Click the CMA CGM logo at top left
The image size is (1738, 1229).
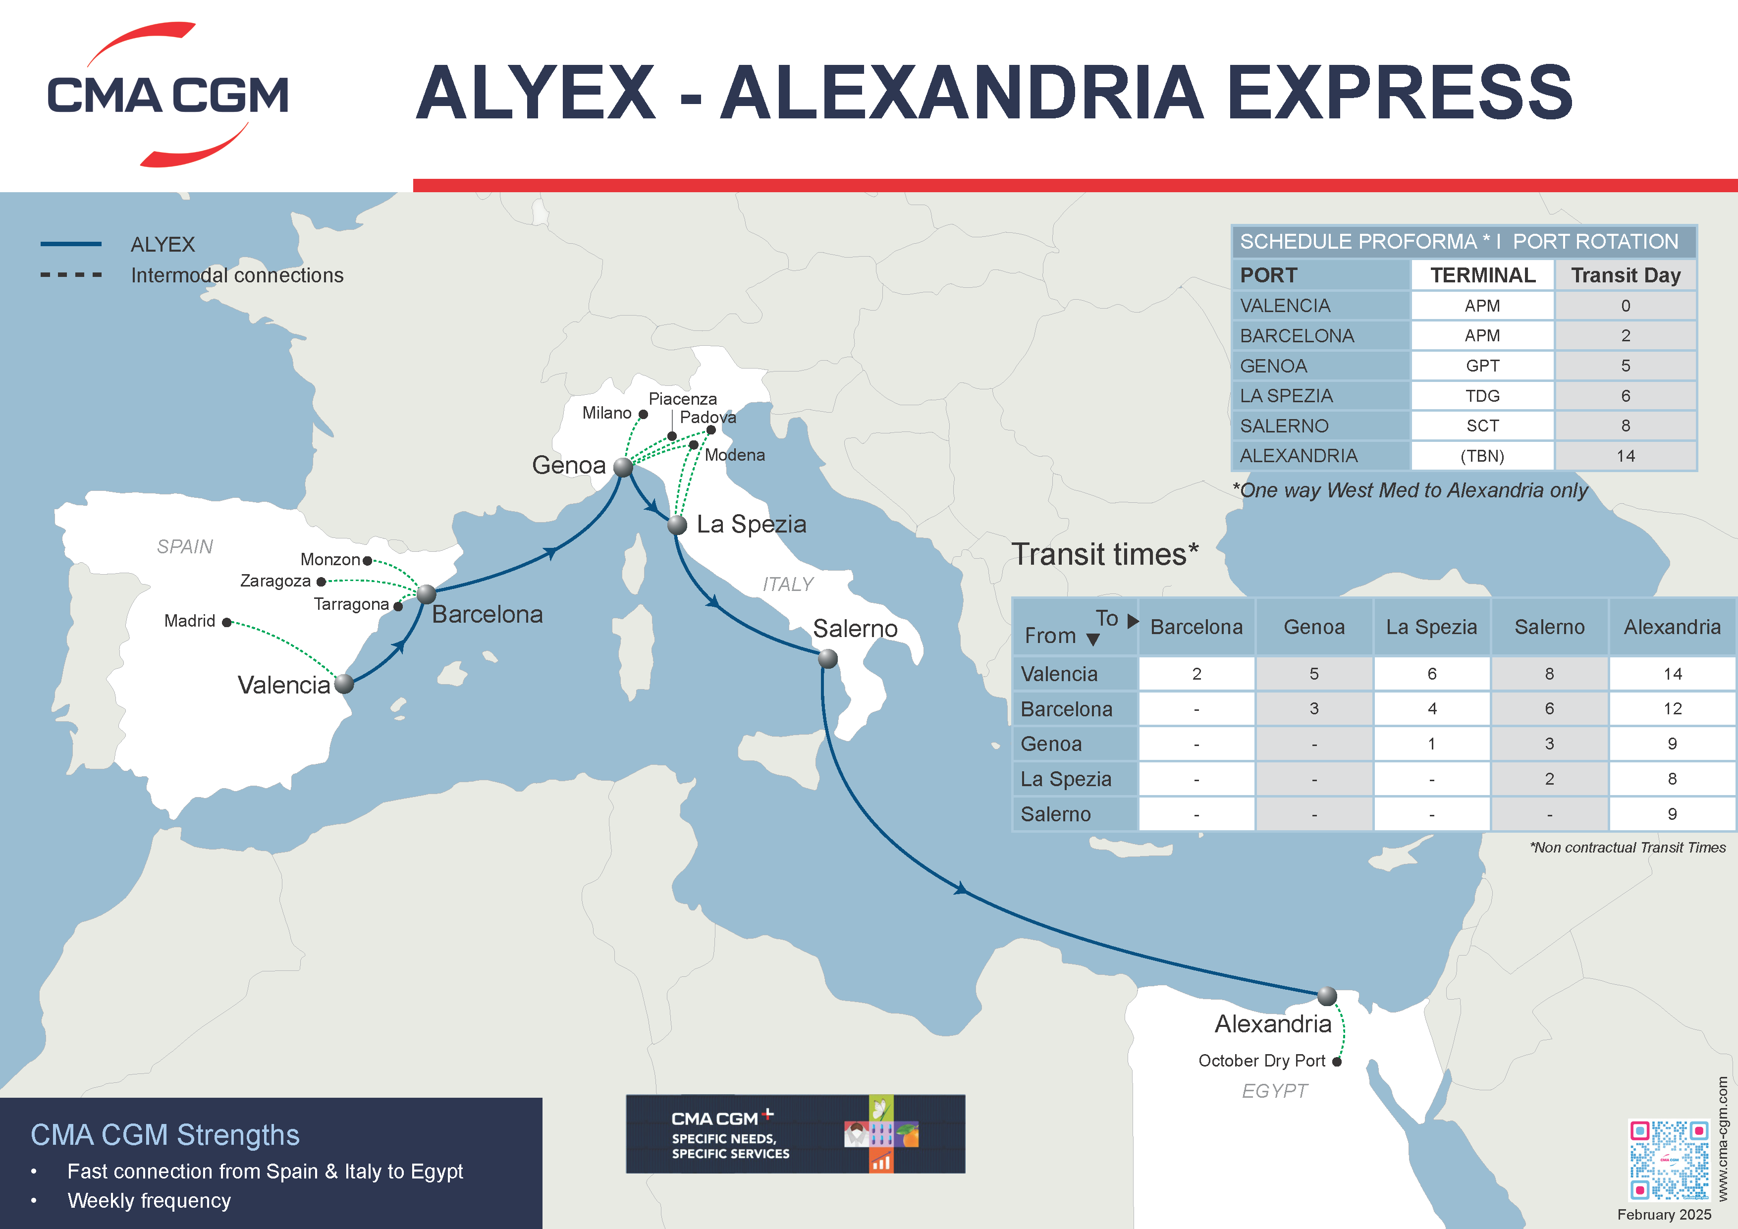pos(167,95)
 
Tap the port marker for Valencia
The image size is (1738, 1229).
pos(344,684)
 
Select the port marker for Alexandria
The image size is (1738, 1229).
pos(1326,996)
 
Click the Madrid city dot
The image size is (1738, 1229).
pos(226,622)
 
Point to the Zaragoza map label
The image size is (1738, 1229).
pos(275,581)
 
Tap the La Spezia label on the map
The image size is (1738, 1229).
pos(751,525)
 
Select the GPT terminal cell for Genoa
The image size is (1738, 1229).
pos(1482,366)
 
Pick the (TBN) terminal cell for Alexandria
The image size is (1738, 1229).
pos(1482,456)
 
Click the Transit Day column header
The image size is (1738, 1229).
pos(1625,275)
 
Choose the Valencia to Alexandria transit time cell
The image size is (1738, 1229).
pos(1672,674)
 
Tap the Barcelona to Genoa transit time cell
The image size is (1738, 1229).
pos(1313,709)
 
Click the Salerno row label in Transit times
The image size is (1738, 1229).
pos(1055,814)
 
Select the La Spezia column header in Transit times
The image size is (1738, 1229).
pos(1431,627)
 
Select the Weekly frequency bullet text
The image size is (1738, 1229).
pos(149,1201)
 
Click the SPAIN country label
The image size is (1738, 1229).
pos(185,546)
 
